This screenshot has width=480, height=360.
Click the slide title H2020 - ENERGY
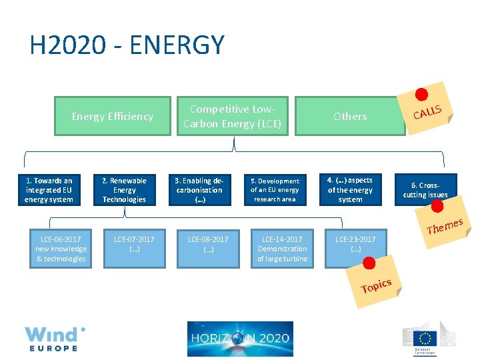tap(127, 45)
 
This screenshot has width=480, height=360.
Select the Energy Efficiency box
tap(113, 117)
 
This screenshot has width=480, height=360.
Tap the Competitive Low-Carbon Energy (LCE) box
tap(232, 117)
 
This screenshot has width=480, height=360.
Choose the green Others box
tap(350, 117)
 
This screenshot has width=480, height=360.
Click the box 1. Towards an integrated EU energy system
tap(49, 190)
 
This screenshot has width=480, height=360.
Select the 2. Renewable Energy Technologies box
tap(124, 190)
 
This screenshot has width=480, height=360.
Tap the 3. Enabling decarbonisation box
tap(199, 190)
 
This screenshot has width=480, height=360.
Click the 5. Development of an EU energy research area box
tap(275, 190)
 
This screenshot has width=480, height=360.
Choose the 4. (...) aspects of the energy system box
tap(350, 190)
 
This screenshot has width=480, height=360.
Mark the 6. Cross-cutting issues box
tap(425, 190)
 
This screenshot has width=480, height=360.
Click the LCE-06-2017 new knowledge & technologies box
tap(61, 249)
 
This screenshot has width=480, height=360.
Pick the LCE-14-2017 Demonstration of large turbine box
tap(282, 249)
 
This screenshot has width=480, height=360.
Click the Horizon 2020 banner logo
tap(240, 339)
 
